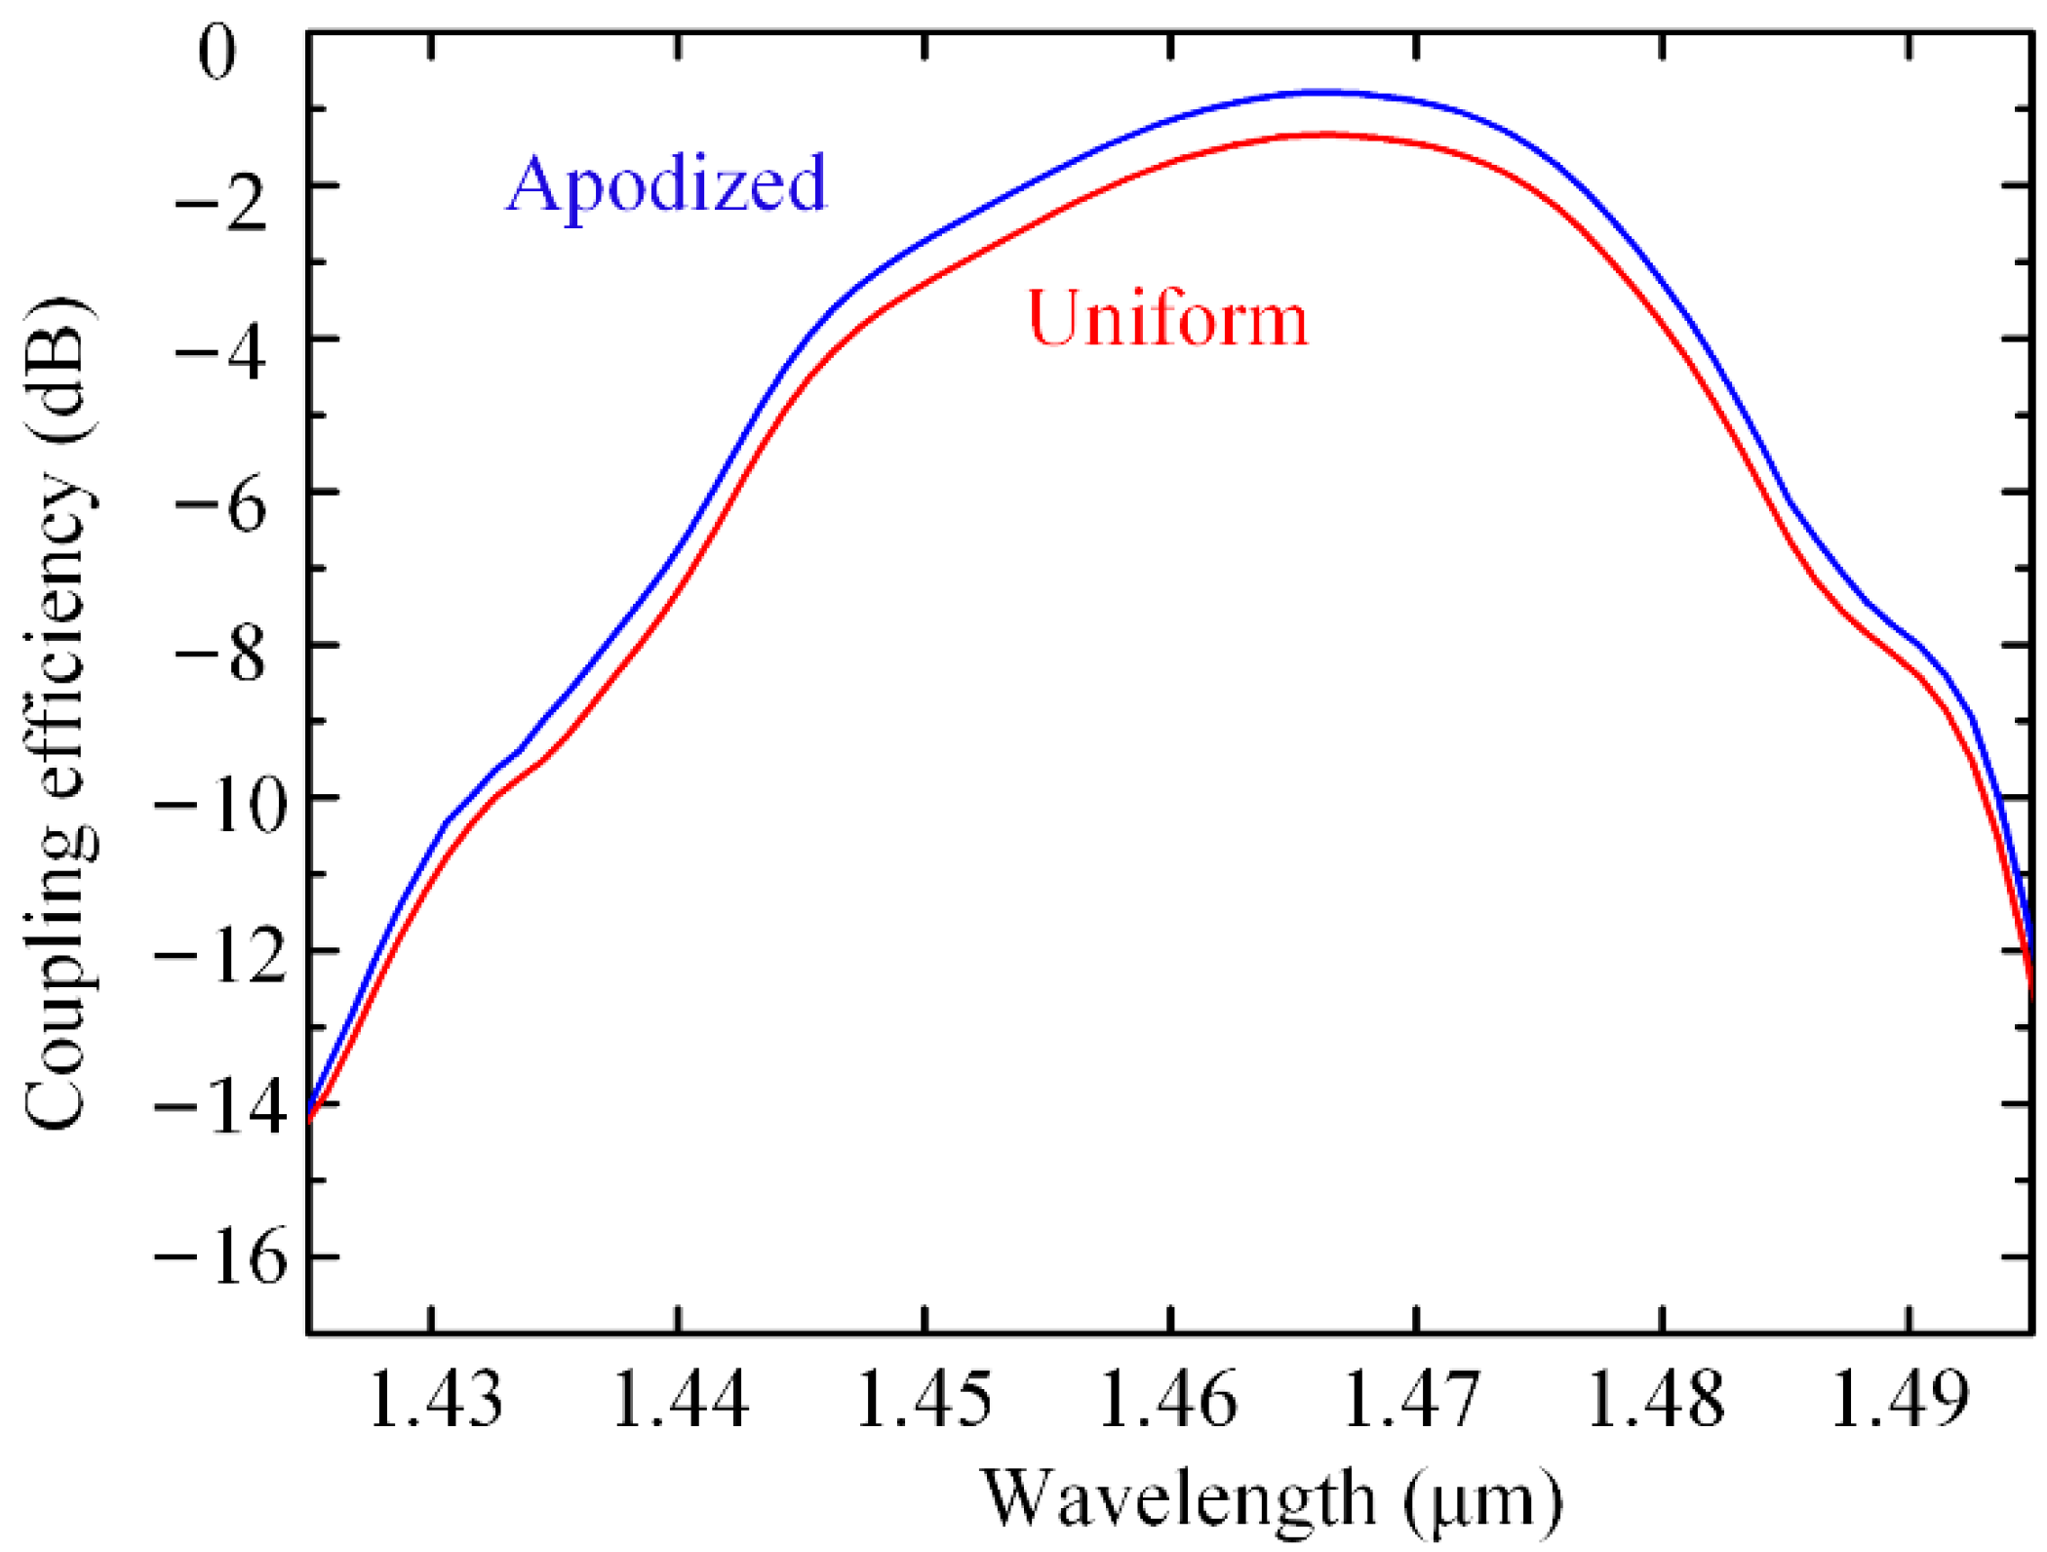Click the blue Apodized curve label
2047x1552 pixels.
[x=666, y=185]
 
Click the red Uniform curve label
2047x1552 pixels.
[x=1167, y=320]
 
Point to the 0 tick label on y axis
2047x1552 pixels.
[x=217, y=53]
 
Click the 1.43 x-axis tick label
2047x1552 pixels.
[x=436, y=1401]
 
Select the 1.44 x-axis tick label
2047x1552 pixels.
[x=681, y=1401]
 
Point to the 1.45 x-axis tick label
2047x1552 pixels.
[x=924, y=1401]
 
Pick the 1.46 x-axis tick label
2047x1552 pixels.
[x=1167, y=1401]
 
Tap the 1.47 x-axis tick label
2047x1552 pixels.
[x=1411, y=1401]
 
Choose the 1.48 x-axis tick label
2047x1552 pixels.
[x=1656, y=1401]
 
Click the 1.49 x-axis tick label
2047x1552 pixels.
[x=1900, y=1401]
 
